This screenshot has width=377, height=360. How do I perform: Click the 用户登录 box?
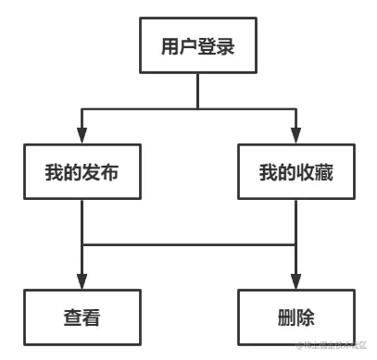196,45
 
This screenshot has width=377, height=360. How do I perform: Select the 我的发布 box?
82,171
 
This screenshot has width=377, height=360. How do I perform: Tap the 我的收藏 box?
295,171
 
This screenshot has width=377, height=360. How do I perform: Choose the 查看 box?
82,317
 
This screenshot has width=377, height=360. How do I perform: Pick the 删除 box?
295,317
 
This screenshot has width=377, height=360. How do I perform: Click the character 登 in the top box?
207,45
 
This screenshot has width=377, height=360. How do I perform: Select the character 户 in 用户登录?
184,45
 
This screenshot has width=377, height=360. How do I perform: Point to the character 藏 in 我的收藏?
327,171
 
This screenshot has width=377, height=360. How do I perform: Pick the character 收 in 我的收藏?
306,171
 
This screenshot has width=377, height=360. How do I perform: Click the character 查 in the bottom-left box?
71,317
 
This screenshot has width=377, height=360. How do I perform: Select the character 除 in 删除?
307,317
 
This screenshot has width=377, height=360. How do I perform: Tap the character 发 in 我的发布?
93,171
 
